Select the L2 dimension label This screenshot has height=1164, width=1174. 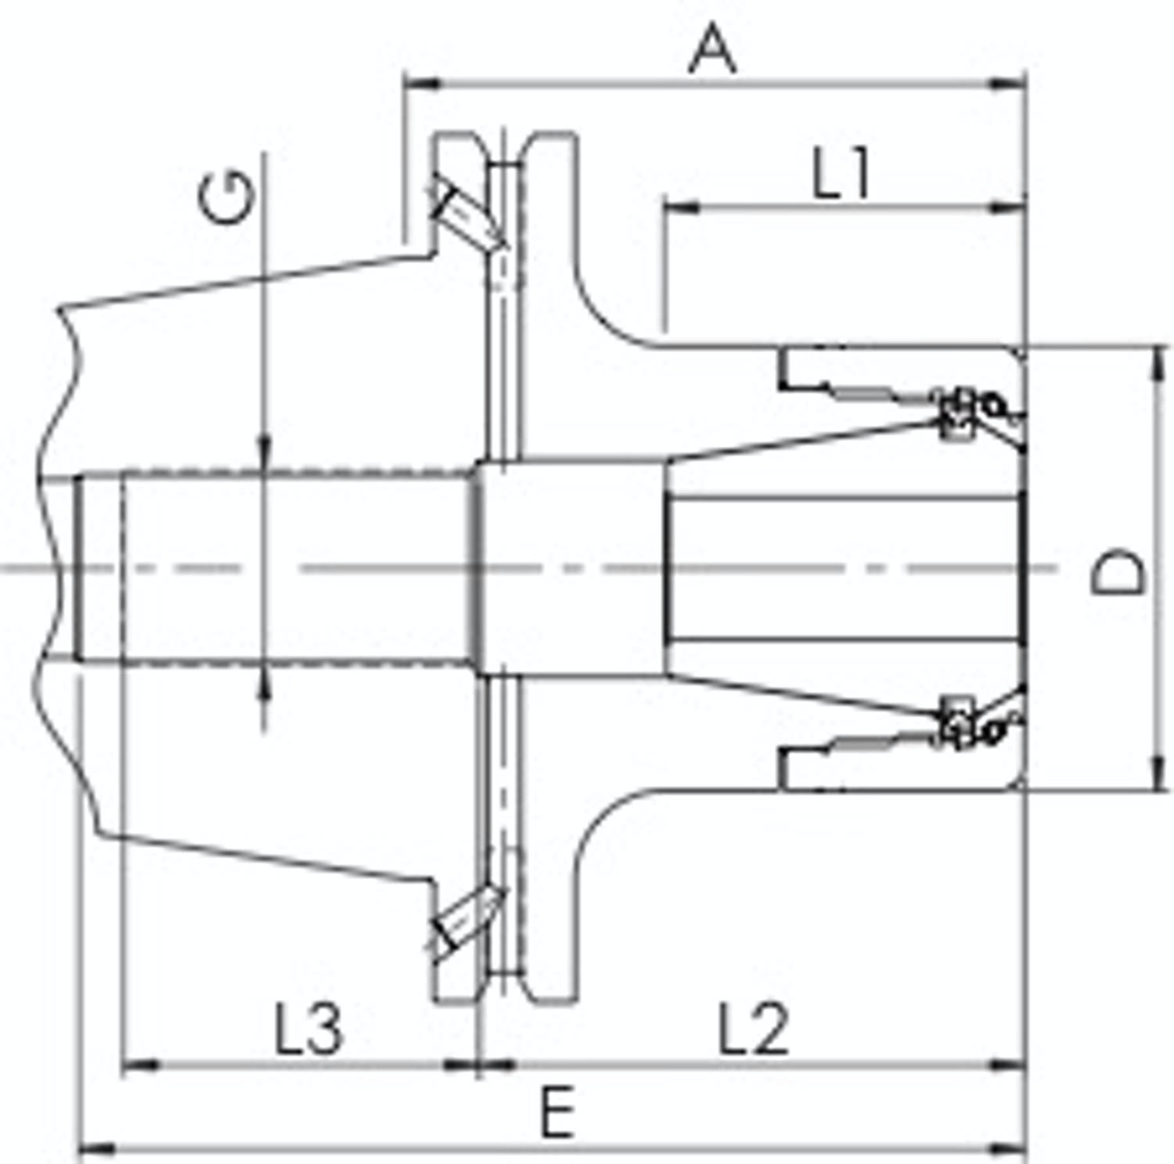click(754, 1029)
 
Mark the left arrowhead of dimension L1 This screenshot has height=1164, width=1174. click(682, 208)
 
